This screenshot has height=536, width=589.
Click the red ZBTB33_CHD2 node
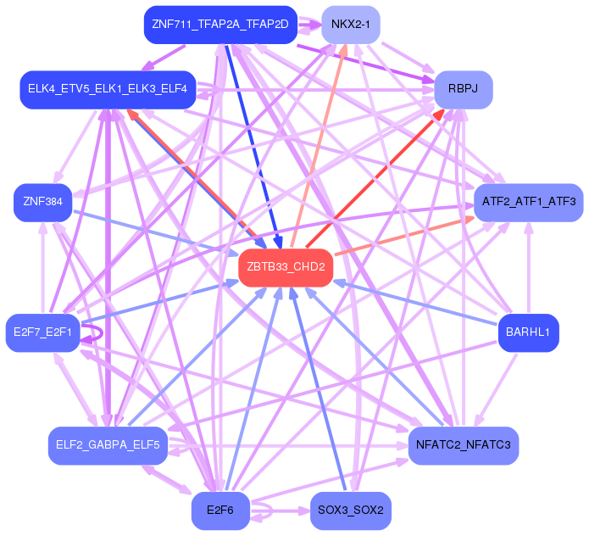coord(285,267)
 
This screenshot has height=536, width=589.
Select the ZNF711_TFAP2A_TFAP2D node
coord(220,25)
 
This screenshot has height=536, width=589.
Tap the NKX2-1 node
coord(351,25)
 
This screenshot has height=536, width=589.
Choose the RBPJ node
coord(464,89)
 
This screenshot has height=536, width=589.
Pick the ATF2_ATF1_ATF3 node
coord(528,202)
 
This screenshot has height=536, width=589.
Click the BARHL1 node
coord(528,332)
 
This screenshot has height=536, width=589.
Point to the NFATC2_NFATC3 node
coord(463,444)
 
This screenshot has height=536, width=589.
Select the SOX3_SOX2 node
coord(351,511)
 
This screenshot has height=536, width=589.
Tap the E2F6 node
coord(219,511)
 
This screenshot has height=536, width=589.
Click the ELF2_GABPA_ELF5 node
coord(108,444)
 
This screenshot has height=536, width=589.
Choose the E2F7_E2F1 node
coord(42,332)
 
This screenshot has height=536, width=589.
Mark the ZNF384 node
coord(42,202)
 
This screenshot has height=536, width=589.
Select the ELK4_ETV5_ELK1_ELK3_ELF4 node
coord(108,89)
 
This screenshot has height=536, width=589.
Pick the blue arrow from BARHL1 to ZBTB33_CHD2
coord(415,302)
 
